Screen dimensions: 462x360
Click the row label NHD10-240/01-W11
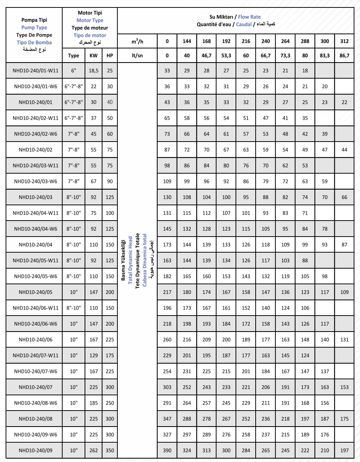35,70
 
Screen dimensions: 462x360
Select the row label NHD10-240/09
35,450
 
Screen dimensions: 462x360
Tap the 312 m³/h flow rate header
344,41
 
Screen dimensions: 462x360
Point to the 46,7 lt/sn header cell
206,56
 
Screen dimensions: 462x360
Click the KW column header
94,56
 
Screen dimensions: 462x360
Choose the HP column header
110,56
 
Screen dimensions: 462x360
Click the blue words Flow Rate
249,17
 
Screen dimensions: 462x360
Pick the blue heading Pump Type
34,27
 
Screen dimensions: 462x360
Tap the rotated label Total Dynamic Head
130,260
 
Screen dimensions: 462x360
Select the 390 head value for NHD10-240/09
167,450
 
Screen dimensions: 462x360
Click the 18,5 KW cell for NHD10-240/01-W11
94,70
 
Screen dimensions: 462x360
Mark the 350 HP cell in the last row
110,450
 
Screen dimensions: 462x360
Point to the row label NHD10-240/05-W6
35,276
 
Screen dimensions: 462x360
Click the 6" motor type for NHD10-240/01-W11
73,70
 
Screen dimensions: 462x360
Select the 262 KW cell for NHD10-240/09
94,450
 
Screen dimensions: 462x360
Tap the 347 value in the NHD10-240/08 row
167,419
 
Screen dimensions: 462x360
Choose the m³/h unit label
137,41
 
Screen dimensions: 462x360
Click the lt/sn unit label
137,56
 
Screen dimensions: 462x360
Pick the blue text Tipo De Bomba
34,42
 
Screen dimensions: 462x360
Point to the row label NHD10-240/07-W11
35,355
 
